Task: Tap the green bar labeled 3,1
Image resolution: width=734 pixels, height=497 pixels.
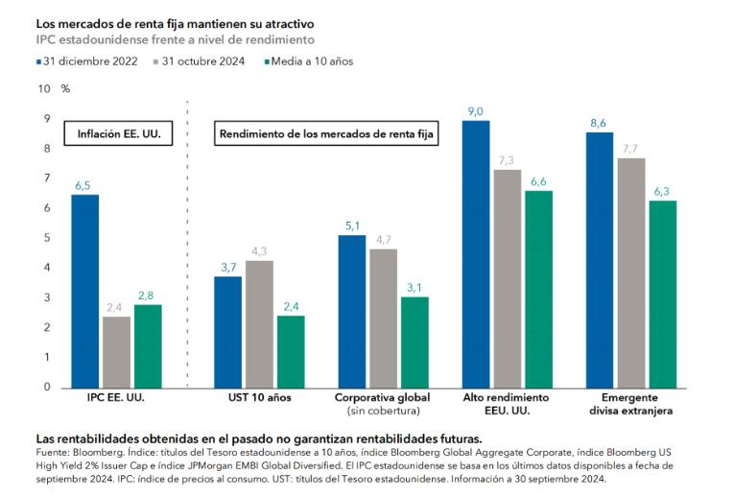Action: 415,342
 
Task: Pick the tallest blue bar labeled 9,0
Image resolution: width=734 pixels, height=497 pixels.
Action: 476,253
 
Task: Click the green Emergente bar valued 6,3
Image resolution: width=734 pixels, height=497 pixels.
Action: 662,294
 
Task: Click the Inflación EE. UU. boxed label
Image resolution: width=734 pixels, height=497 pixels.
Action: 118,135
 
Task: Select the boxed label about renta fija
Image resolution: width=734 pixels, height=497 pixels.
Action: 327,135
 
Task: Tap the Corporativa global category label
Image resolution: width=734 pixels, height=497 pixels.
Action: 382,397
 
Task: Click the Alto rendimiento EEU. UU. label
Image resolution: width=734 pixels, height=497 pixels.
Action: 507,403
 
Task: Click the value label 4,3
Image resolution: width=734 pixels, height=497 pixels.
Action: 259,250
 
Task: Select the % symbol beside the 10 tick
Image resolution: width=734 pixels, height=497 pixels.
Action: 65,88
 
